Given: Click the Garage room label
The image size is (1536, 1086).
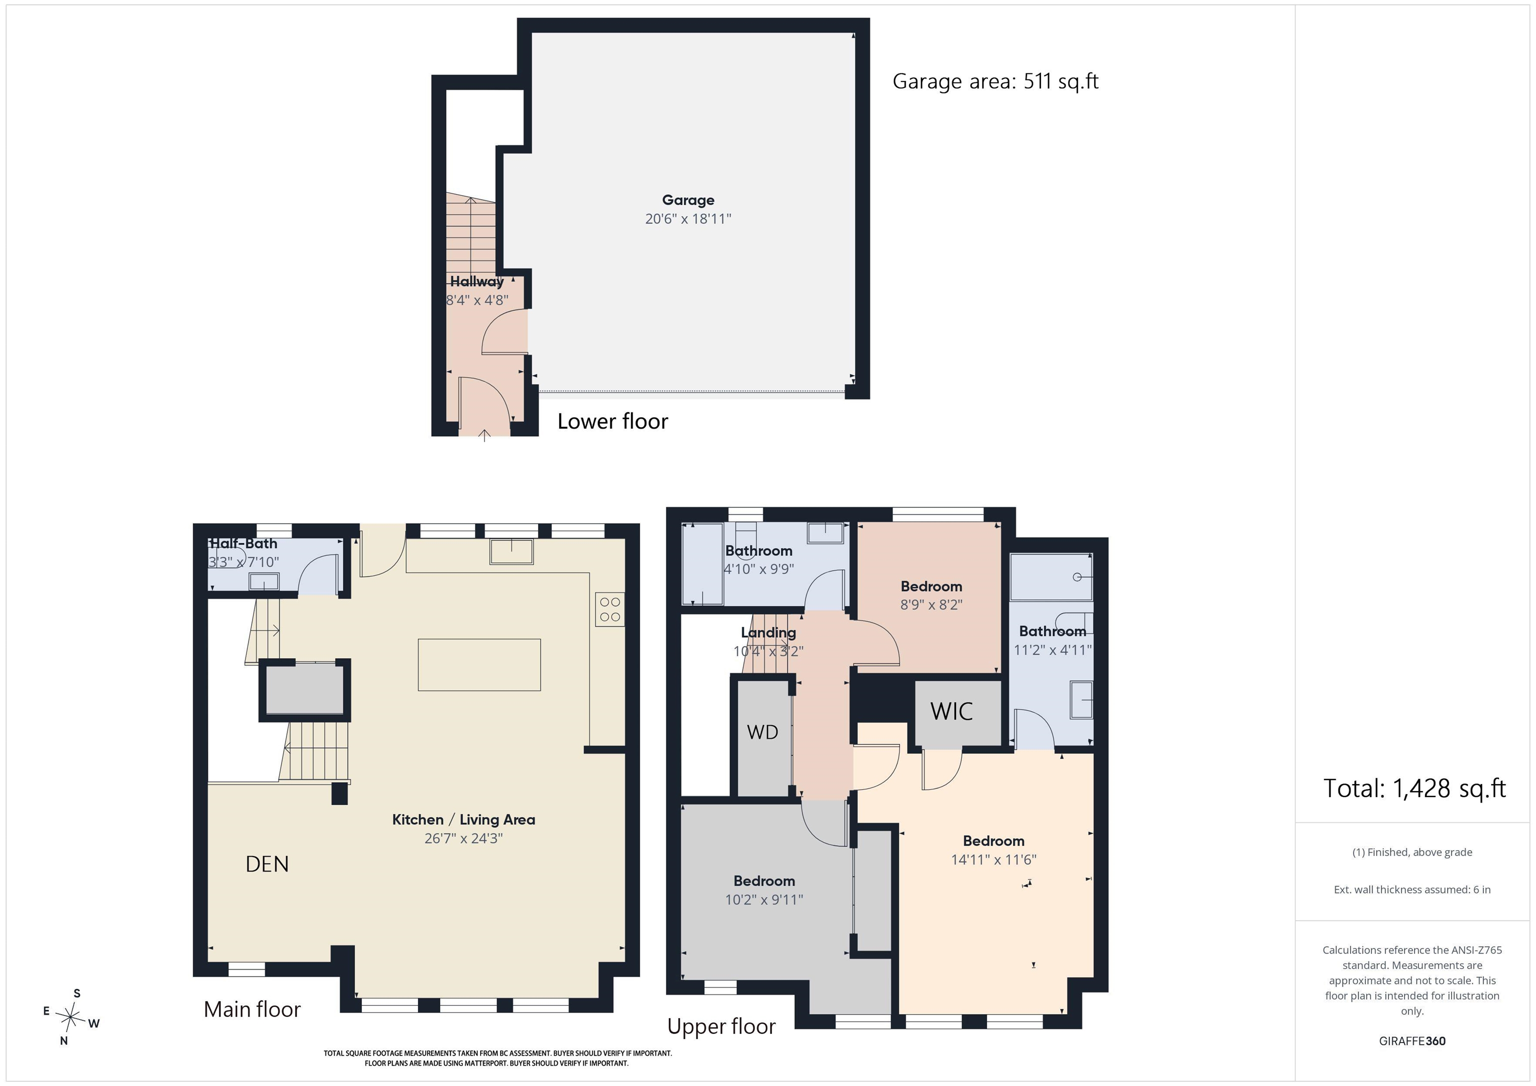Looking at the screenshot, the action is point(688,200).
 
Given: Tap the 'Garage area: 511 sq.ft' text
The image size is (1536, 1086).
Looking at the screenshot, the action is point(995,81).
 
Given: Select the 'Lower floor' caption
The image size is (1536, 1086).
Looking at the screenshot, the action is point(613,421).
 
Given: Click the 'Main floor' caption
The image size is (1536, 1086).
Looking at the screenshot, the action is point(252,1009).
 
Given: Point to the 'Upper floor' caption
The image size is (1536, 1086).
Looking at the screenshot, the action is point(721,1027).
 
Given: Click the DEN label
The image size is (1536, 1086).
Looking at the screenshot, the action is point(267,864).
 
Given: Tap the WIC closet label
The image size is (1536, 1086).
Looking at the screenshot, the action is point(951,712).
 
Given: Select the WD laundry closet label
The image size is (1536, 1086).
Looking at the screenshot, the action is point(762,732).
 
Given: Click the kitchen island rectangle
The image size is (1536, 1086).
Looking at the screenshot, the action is point(479,665).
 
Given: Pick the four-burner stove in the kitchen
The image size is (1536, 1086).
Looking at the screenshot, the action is point(610,609).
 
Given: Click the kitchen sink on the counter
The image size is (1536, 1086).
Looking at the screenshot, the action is point(512,552).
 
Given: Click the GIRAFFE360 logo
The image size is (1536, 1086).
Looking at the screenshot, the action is point(1412,1041).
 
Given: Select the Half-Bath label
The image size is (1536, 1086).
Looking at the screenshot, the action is point(243,544).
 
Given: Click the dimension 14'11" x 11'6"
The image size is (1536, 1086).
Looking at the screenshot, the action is point(994,859).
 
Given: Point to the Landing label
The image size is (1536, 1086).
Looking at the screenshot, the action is point(768,633).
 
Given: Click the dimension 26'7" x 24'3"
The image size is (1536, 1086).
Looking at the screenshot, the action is point(463,838).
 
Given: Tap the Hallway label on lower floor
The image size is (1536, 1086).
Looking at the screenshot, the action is point(477,281).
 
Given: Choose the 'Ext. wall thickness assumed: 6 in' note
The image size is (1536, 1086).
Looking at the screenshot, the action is point(1412,890).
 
